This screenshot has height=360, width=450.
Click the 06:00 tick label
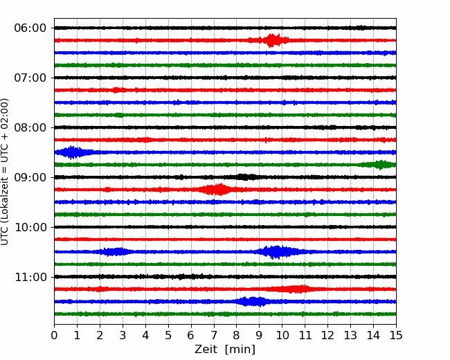[x=30, y=28]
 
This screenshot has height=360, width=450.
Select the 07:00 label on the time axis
[x=30, y=78]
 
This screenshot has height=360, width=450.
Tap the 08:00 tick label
[x=30, y=127]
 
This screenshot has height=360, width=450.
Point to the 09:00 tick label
[x=30, y=177]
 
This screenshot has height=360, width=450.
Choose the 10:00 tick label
[x=30, y=227]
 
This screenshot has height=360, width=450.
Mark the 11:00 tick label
[x=30, y=277]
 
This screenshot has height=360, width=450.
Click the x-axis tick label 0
[x=54, y=336]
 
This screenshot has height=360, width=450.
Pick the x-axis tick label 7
[x=214, y=336]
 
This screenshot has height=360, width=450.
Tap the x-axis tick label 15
[x=396, y=336]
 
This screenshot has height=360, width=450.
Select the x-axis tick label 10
[x=282, y=336]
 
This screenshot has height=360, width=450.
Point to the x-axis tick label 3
[x=123, y=336]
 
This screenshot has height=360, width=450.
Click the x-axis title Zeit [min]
[x=224, y=350]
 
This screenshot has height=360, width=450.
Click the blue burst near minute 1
[x=71, y=152]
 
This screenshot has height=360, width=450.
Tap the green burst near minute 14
[x=380, y=165]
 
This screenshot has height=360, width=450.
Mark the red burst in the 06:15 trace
[x=274, y=40]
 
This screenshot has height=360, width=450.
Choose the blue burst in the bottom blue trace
[x=253, y=302]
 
